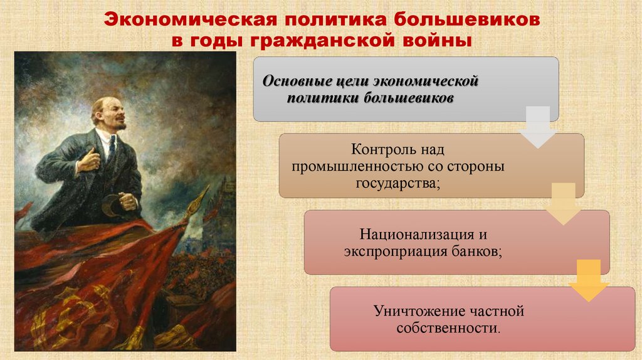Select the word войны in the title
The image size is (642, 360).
click(x=439, y=42)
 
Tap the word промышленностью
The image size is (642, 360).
click(x=350, y=167)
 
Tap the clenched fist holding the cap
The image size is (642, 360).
click(x=129, y=201)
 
